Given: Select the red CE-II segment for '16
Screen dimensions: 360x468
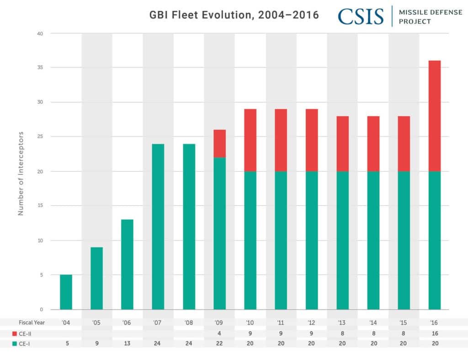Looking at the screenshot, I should [x=434, y=116].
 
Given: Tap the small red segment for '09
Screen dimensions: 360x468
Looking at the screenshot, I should [x=219, y=143].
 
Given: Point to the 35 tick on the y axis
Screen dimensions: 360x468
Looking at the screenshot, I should [x=41, y=67].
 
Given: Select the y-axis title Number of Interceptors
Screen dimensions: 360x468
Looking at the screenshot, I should [x=21, y=173].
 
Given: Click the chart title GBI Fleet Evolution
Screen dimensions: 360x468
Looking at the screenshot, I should [x=234, y=15].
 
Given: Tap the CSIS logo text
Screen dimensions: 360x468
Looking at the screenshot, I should [x=361, y=16].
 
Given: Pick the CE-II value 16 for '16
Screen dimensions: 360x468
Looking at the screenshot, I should [x=434, y=333].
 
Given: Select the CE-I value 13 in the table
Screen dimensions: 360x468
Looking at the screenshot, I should [x=127, y=343].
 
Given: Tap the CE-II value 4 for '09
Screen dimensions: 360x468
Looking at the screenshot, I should [x=219, y=333].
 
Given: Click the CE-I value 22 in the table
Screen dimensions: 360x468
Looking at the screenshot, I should [x=219, y=343].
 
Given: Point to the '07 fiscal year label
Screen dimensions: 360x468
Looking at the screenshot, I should [x=158, y=322].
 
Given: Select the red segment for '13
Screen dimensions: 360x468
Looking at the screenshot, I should [x=342, y=144].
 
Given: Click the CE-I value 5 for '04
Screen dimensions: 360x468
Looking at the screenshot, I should [x=66, y=343].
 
